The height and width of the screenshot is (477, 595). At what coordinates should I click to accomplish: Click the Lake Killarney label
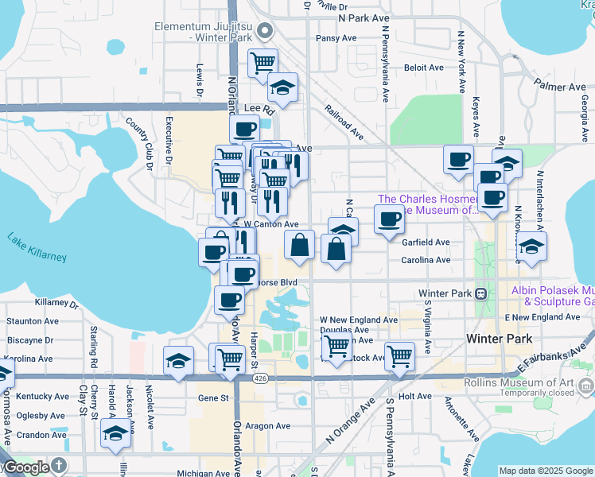tap(37, 246)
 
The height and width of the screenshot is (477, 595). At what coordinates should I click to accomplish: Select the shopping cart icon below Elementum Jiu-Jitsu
tap(262, 62)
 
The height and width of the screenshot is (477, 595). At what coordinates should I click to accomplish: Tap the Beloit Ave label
tap(423, 68)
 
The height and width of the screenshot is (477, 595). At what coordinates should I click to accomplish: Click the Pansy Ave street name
tap(336, 37)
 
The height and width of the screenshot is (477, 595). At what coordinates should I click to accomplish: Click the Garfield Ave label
tap(426, 242)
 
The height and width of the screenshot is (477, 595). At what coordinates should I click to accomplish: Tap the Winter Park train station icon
tap(481, 293)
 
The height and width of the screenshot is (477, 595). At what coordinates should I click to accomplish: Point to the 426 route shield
tap(261, 379)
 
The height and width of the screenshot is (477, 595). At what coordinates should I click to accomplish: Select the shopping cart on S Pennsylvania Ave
tap(399, 355)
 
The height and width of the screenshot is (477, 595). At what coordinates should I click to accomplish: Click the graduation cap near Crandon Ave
tap(116, 433)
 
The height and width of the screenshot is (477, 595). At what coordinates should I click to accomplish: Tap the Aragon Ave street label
tap(264, 426)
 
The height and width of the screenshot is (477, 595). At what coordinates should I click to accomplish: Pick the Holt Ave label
tap(414, 395)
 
